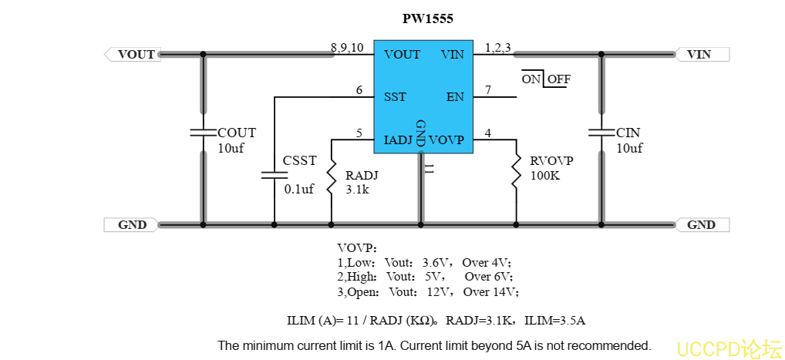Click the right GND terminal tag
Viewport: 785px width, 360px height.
tap(702, 225)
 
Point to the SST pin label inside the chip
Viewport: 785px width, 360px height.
tap(395, 97)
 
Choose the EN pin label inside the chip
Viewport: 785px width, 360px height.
tap(455, 97)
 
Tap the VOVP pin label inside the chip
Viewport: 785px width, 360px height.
tap(446, 140)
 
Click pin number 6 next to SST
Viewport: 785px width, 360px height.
tap(359, 90)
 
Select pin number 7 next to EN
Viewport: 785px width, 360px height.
tap(487, 90)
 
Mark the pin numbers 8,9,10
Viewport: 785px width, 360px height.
tap(347, 48)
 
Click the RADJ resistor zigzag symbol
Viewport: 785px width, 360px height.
tap(332, 177)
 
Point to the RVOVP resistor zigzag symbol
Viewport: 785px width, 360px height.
tap(516, 173)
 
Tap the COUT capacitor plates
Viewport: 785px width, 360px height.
tap(204, 133)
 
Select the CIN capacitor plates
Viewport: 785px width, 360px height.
tap(601, 133)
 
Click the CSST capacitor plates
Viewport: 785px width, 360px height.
tap(274, 175)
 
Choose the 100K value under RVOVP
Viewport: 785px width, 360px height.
tap(544, 176)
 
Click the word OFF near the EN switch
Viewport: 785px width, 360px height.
tap(559, 79)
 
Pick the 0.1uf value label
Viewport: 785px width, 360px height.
tap(299, 189)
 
